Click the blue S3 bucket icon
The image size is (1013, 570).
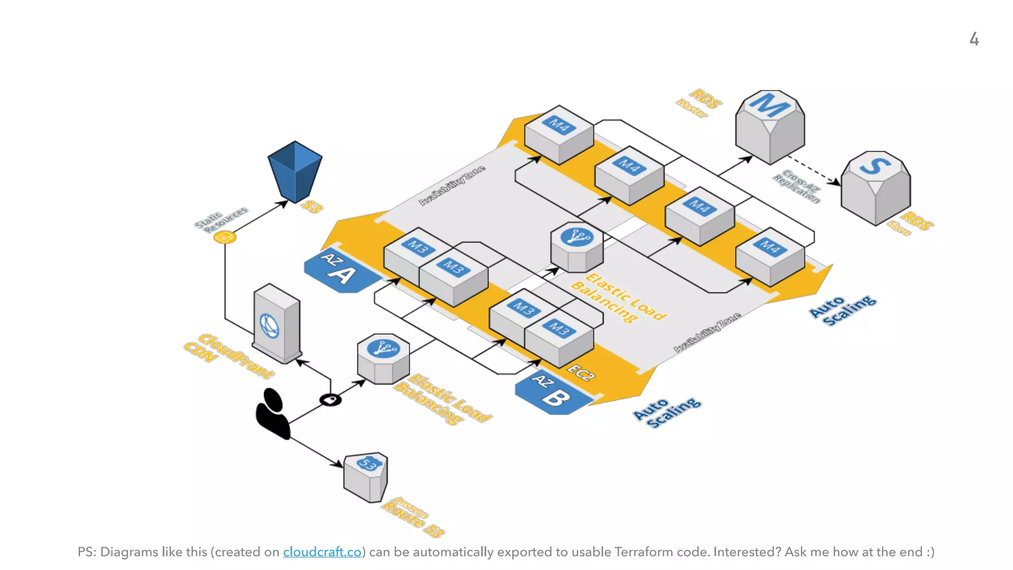[295, 171]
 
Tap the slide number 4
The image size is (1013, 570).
[973, 39]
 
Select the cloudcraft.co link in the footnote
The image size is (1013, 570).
[322, 552]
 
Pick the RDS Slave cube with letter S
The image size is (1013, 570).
[875, 188]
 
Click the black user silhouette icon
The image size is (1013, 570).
[273, 414]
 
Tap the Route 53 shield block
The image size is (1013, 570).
[366, 476]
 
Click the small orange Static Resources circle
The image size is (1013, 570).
[225, 237]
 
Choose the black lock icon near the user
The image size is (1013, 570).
[330, 399]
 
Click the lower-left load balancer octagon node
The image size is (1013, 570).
[383, 359]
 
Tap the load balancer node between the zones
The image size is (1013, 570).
[577, 246]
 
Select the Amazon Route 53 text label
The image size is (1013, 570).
[413, 517]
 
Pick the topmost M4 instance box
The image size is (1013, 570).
[559, 134]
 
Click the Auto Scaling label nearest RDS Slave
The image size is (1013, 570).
[843, 310]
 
